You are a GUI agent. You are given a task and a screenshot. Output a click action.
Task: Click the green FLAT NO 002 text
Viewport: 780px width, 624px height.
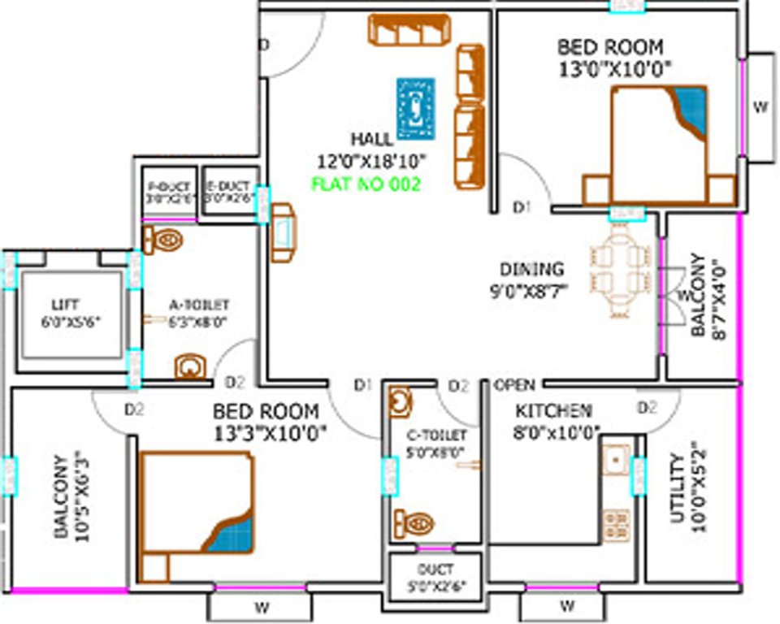[x=366, y=184]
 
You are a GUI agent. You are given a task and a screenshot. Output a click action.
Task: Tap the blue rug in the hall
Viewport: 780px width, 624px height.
[x=416, y=108]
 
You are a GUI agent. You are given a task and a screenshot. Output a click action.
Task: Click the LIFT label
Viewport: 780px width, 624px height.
[x=65, y=305]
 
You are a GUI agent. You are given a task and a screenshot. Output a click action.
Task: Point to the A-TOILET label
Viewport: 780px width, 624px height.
[x=198, y=305]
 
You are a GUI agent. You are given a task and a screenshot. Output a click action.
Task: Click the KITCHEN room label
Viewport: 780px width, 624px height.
[x=554, y=410]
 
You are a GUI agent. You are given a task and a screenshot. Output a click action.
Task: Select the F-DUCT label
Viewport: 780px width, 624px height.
[x=168, y=187]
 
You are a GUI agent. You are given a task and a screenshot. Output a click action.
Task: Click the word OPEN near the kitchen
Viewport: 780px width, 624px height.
[x=514, y=384]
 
